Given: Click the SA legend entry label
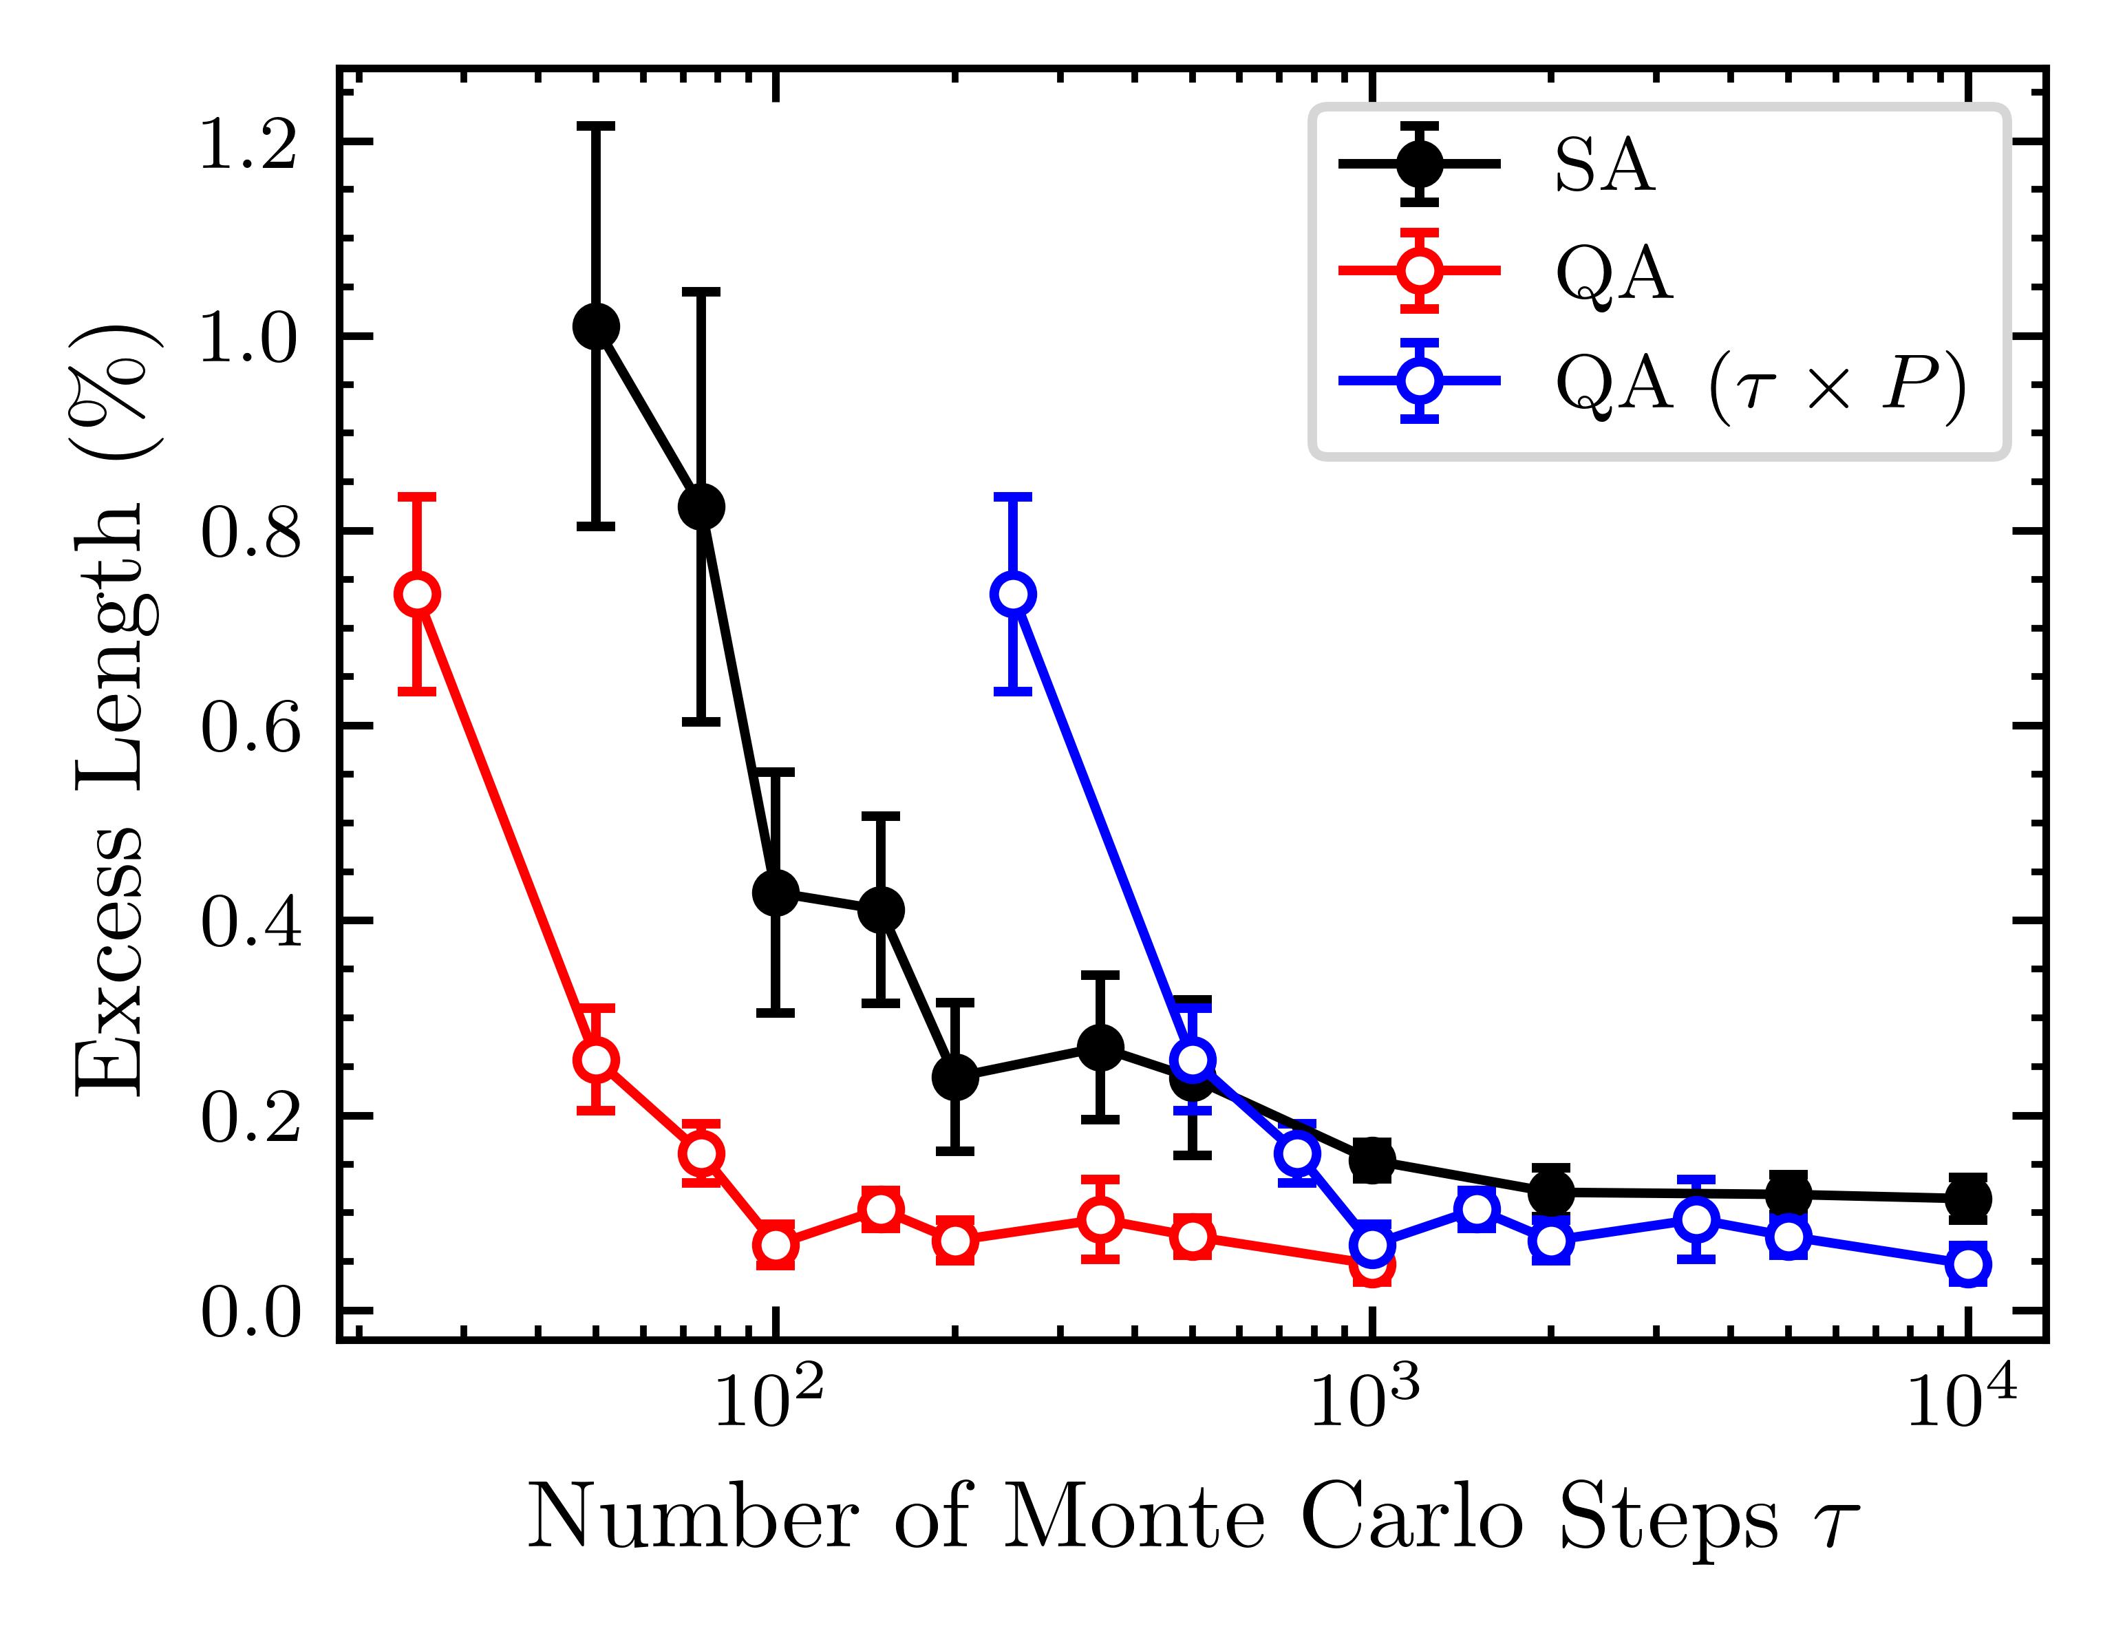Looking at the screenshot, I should click(1604, 167).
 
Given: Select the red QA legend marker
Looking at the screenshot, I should click(1420, 271).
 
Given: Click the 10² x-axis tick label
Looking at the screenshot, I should click(769, 1400).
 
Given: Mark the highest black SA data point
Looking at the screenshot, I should click(596, 326).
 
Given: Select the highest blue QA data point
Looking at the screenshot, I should click(1014, 593).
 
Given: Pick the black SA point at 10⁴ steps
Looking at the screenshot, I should click(1968, 1198).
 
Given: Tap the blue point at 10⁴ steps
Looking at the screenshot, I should click(1968, 1264).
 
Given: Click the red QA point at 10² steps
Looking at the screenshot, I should click(776, 1245).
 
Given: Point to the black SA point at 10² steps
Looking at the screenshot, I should click(776, 893).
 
